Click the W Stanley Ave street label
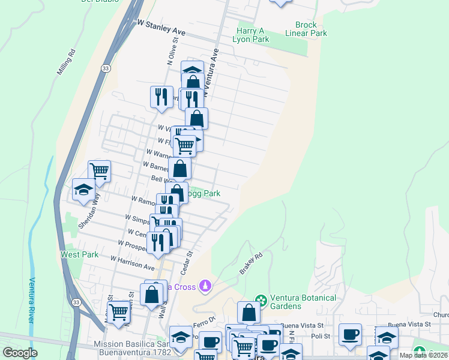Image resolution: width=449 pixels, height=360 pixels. (161, 28)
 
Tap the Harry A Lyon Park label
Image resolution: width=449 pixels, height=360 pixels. (252, 35)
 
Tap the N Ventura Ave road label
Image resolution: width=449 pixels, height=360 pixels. (209, 74)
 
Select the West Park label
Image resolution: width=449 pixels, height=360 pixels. (79, 254)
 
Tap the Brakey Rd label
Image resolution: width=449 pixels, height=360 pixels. (251, 263)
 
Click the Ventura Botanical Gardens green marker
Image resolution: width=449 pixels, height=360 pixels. (261, 299)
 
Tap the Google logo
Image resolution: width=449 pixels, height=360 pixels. (20, 353)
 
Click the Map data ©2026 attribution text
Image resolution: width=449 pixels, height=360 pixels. (423, 355)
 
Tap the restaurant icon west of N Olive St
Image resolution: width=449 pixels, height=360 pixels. (161, 97)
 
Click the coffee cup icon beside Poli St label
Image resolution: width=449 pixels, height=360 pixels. (350, 334)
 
